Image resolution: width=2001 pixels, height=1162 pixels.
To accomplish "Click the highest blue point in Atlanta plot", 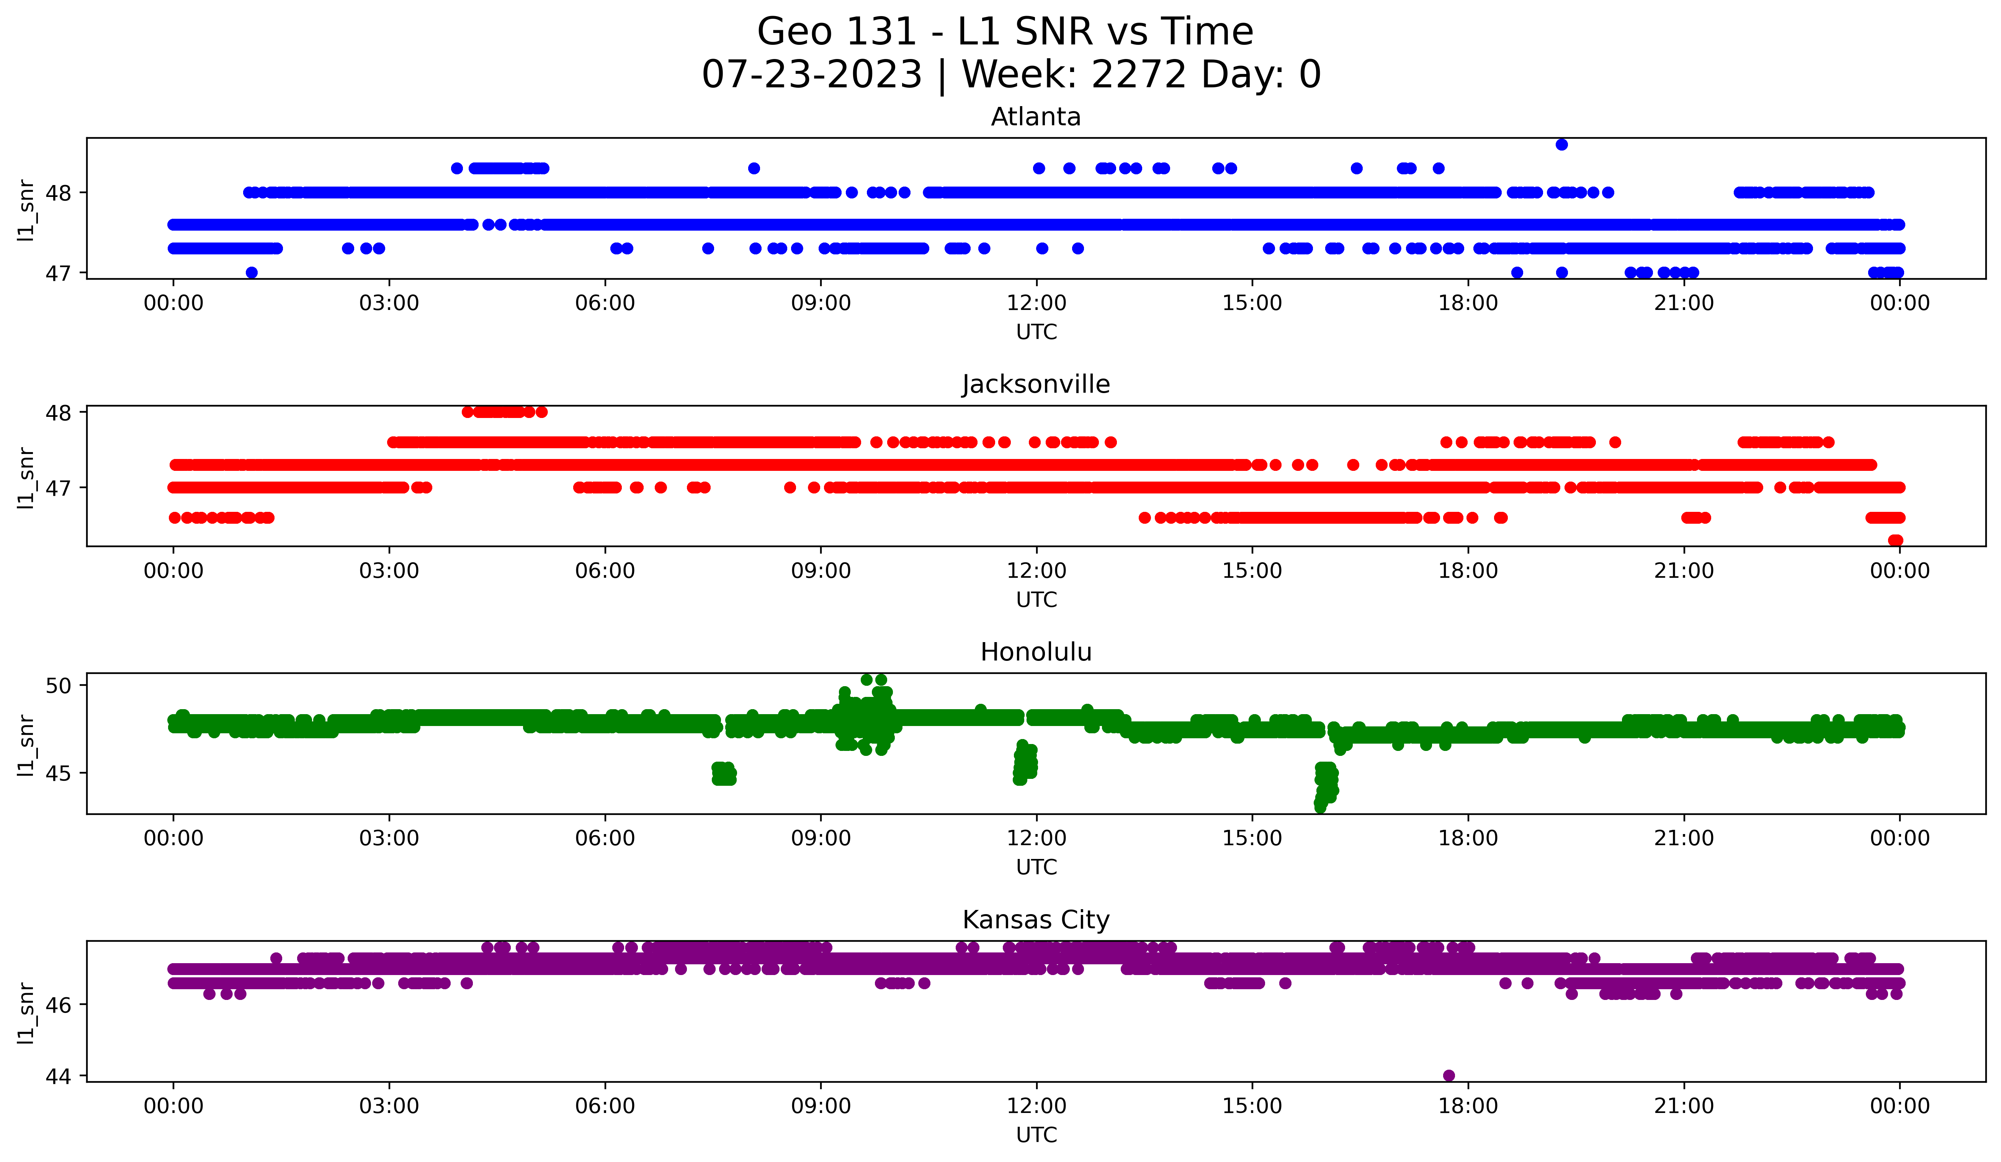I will pyautogui.click(x=1561, y=144).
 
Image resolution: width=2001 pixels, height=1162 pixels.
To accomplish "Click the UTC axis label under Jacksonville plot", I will pyautogui.click(x=1036, y=600).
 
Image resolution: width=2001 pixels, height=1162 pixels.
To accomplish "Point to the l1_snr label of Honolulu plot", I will pyautogui.click(x=26, y=744).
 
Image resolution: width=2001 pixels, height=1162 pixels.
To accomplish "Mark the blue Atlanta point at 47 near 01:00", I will pyautogui.click(x=252, y=272).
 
